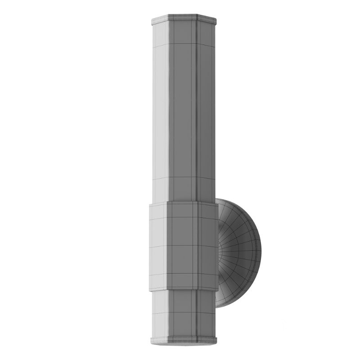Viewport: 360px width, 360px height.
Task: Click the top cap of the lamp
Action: tap(184, 20)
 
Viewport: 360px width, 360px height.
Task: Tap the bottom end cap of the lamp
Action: tap(184, 340)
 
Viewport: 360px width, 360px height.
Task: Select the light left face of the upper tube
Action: tap(161, 112)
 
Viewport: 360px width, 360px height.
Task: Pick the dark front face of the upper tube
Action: tap(182, 112)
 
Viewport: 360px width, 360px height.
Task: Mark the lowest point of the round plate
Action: tap(218, 307)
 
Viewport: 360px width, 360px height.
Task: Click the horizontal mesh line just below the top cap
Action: tap(184, 44)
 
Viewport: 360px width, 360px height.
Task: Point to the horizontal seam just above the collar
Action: tap(184, 178)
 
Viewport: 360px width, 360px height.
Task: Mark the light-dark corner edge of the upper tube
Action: tap(169, 112)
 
